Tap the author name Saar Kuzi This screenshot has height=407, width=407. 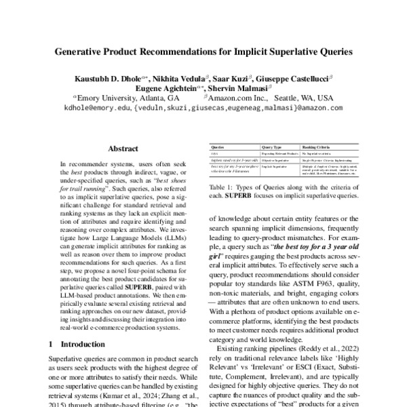click(x=231, y=79)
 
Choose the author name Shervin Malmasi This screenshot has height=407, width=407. click(x=243, y=88)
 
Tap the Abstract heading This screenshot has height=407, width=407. click(x=122, y=149)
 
